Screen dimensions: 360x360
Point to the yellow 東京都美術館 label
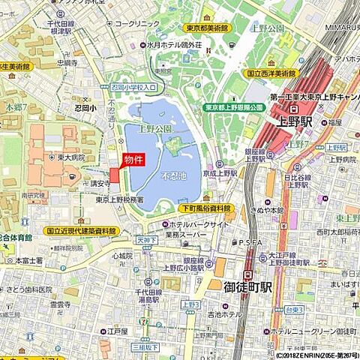click(207, 28)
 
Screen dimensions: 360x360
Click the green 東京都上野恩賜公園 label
click(235, 107)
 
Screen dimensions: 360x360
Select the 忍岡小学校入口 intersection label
click(133, 88)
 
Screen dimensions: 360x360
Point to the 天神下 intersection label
click(145, 240)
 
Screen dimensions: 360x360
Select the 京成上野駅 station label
click(223, 172)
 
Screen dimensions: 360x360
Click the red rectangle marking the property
click(115, 174)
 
